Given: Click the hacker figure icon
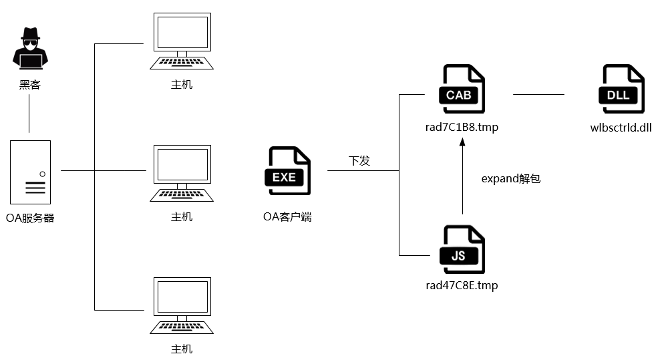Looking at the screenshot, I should click(x=30, y=49).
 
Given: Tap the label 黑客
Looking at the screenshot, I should click(x=30, y=85).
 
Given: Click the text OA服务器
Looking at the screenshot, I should click(x=30, y=218).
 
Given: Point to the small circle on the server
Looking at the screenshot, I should click(x=42, y=174).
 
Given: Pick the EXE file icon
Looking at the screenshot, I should click(x=289, y=171).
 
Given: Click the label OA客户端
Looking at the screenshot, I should click(x=287, y=217).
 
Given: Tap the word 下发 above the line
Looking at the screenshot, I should click(x=359, y=161).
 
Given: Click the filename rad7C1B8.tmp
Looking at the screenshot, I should click(x=462, y=127).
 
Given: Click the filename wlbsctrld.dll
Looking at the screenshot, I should click(x=621, y=127).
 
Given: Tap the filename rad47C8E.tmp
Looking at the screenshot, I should click(x=462, y=286).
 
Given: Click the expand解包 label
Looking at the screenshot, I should click(x=510, y=179).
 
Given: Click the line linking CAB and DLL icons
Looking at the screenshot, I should click(x=538, y=94).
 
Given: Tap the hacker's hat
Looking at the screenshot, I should click(x=30, y=34).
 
